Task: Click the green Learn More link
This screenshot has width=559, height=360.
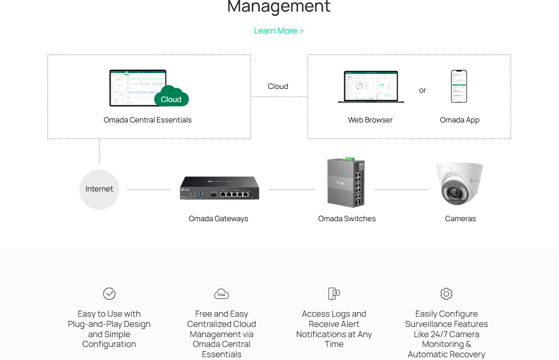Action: [278, 31]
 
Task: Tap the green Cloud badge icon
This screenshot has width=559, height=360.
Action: [171, 97]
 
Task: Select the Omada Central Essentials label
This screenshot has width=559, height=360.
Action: [148, 120]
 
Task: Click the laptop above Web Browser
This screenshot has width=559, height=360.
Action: [371, 87]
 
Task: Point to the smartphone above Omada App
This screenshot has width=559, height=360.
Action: [459, 87]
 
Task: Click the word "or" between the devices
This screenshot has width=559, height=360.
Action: [422, 90]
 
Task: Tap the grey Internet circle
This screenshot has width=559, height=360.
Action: [99, 189]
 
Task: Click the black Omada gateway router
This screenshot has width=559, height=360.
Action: [220, 189]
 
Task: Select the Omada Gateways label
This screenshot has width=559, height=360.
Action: [218, 219]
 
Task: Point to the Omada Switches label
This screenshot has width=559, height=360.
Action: [347, 219]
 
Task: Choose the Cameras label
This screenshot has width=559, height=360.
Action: [460, 219]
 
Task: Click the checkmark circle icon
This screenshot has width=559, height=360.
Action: [109, 294]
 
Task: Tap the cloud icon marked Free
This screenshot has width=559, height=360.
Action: [222, 294]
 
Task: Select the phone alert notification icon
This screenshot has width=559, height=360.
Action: [334, 294]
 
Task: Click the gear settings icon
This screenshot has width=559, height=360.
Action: [446, 294]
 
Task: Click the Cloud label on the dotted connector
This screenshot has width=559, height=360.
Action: [278, 87]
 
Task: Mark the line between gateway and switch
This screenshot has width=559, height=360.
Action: [292, 190]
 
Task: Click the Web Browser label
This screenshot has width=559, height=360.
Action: [370, 120]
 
